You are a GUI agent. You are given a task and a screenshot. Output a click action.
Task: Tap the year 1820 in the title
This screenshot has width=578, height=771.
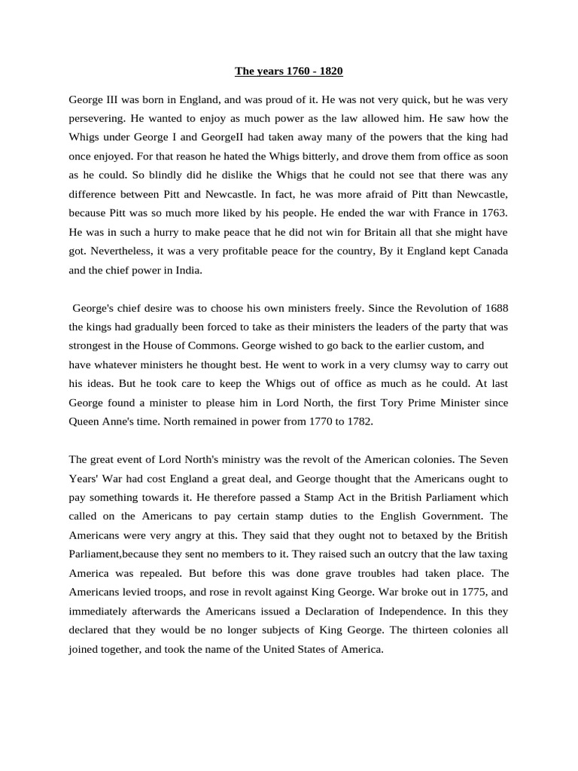coord(330,72)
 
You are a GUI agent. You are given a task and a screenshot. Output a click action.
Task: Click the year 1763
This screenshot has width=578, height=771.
coord(493,213)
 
